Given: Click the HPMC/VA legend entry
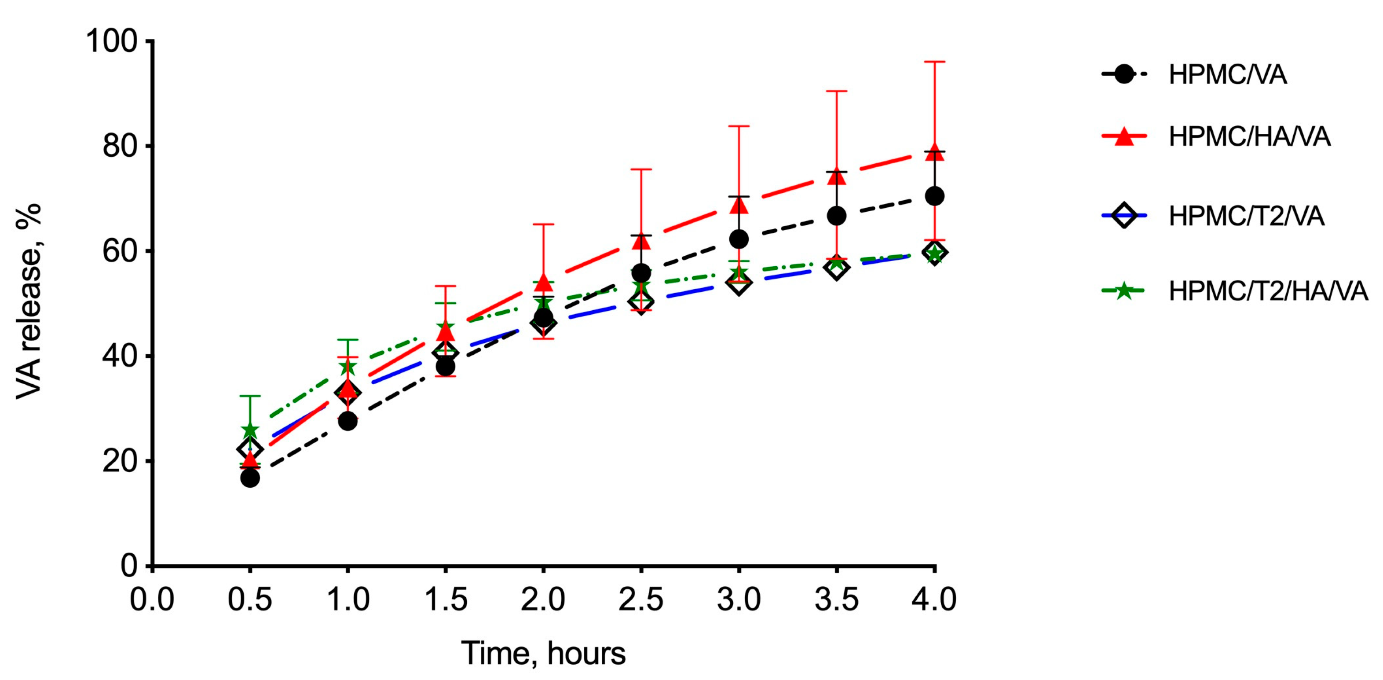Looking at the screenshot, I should point(1227,75).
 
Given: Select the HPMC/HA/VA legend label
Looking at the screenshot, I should point(1249,137).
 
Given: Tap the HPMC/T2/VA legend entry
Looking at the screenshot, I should point(1246,216).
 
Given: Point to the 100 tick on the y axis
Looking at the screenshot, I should point(112,41).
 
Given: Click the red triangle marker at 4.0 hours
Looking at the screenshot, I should point(934,151).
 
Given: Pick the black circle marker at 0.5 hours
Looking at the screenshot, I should point(250,478).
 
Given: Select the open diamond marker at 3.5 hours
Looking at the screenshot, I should point(837,268).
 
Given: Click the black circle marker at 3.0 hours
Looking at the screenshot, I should point(739,239).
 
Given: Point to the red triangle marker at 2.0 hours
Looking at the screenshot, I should point(543,283).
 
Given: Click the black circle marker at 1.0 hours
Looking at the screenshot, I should point(348,421).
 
